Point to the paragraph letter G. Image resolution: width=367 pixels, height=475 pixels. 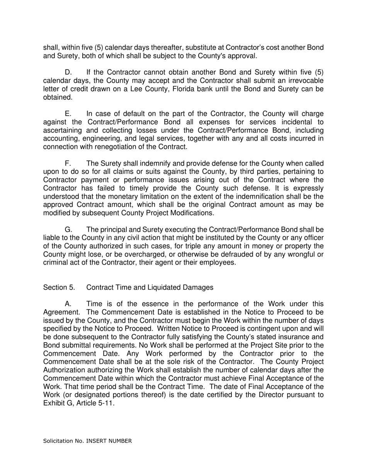pos(68,230)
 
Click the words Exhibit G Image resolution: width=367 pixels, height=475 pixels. pos(57,404)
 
